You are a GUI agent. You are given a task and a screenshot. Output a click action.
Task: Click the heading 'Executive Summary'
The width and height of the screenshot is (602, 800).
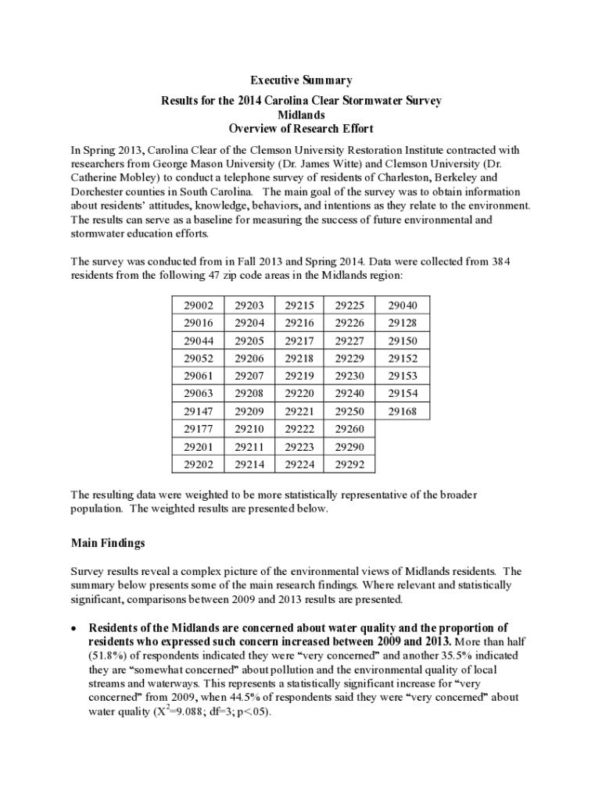(301, 80)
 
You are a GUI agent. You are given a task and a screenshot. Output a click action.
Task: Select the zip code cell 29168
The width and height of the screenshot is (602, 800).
(403, 411)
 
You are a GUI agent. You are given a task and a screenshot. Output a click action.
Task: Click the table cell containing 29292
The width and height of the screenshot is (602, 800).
(349, 464)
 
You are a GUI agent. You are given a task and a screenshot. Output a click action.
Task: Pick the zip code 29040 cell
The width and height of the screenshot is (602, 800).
(403, 305)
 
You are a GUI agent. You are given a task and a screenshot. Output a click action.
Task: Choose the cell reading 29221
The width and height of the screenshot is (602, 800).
(299, 411)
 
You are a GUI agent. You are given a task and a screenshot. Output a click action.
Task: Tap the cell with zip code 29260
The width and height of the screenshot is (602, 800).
(349, 429)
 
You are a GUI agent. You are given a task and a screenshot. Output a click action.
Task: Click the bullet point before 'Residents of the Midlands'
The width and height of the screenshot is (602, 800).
(73, 628)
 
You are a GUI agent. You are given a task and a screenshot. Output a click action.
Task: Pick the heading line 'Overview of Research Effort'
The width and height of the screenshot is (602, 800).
(301, 129)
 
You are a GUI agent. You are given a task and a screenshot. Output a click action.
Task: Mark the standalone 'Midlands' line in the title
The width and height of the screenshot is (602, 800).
(301, 115)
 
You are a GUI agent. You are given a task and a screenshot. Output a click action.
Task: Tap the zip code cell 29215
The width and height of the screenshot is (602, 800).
(299, 305)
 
